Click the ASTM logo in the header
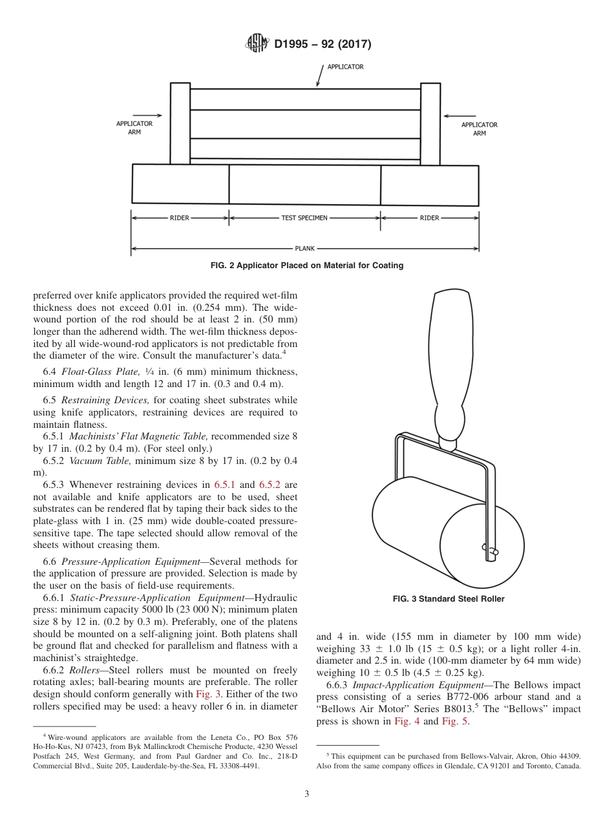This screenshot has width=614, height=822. pyautogui.click(x=257, y=44)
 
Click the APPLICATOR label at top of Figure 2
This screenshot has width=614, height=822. pyautogui.click(x=345, y=67)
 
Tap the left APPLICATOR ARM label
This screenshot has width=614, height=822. pyautogui.click(x=134, y=127)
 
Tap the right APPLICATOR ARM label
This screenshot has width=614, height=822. pyautogui.click(x=479, y=129)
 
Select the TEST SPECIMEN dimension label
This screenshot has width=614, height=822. pyautogui.click(x=304, y=218)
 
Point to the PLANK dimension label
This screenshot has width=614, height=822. pyautogui.click(x=304, y=248)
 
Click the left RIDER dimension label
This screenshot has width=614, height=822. pyautogui.click(x=180, y=218)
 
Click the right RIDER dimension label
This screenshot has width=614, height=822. pyautogui.click(x=429, y=218)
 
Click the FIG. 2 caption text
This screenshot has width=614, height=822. pyautogui.click(x=307, y=266)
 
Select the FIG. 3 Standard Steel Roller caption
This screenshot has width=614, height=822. pyautogui.click(x=449, y=599)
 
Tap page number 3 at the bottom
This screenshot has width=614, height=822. pyautogui.click(x=306, y=794)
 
